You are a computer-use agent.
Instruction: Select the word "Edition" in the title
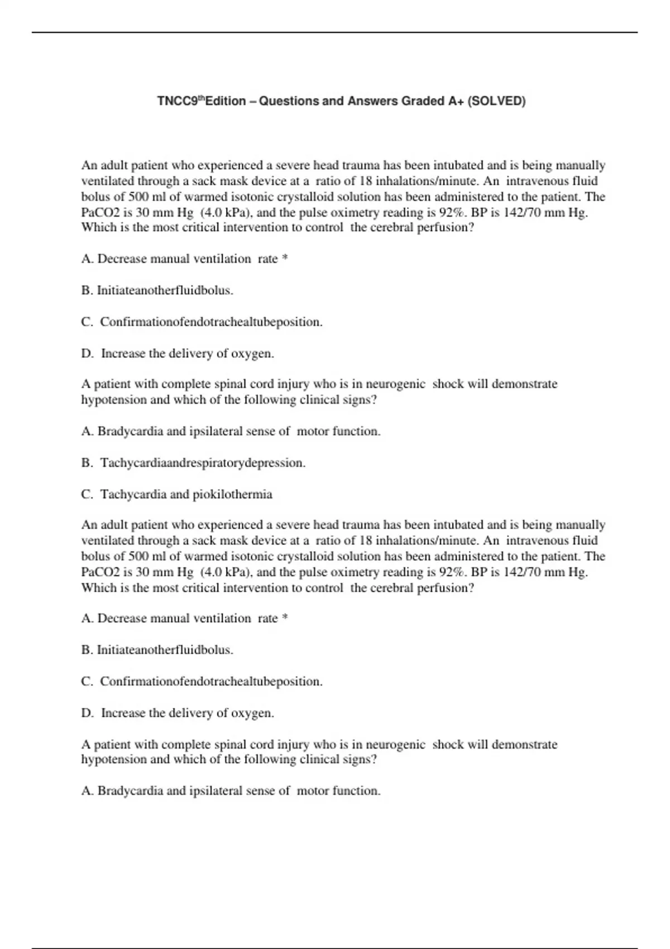[x=226, y=102]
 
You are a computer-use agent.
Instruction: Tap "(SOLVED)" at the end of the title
[x=496, y=102]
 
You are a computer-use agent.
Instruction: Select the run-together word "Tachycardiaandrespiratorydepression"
[x=202, y=463]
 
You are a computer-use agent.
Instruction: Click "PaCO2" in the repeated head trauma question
[x=100, y=572]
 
